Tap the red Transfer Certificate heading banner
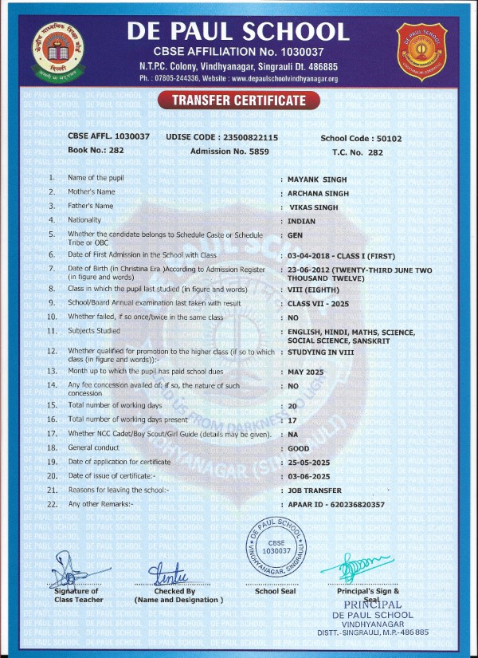coord(239,100)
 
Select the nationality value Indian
coord(302,220)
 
